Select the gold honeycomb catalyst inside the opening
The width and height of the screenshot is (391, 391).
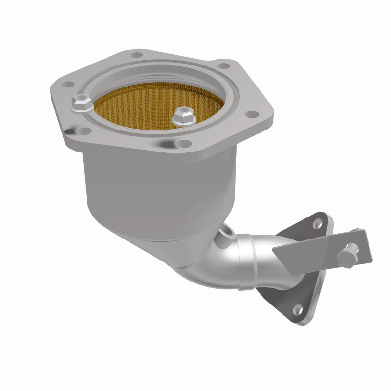[147, 108]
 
